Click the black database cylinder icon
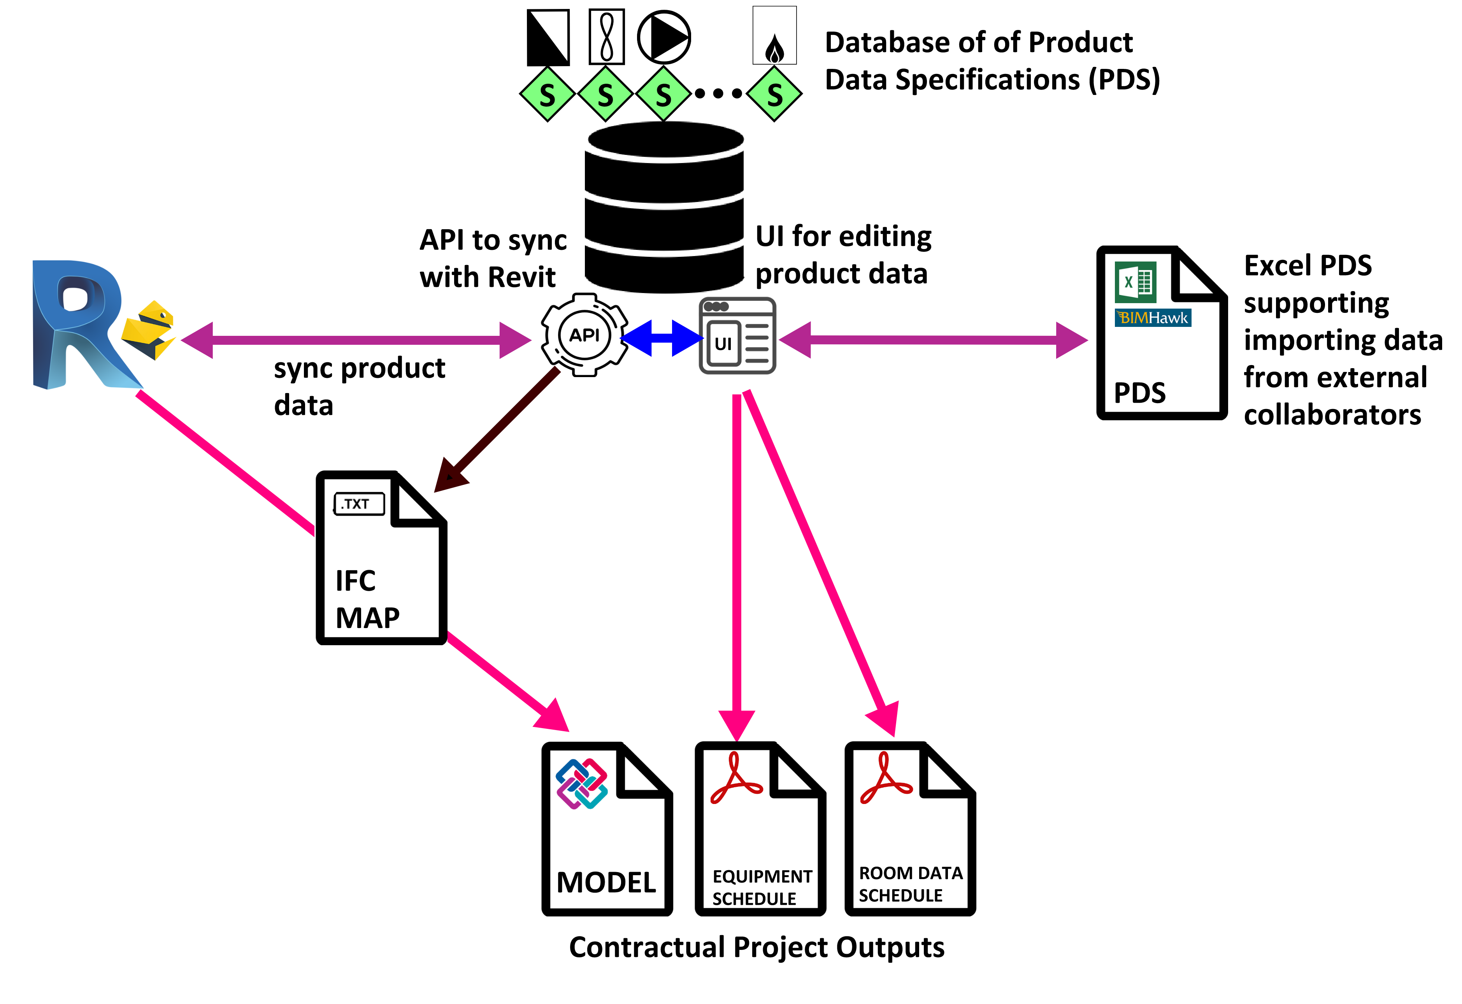[664, 207]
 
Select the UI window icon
[737, 336]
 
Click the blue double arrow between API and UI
[662, 339]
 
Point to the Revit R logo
[79, 324]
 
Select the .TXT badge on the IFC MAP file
[358, 504]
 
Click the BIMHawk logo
[1153, 318]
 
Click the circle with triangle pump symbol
[664, 37]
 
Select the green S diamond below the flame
[774, 94]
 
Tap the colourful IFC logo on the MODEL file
[581, 783]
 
